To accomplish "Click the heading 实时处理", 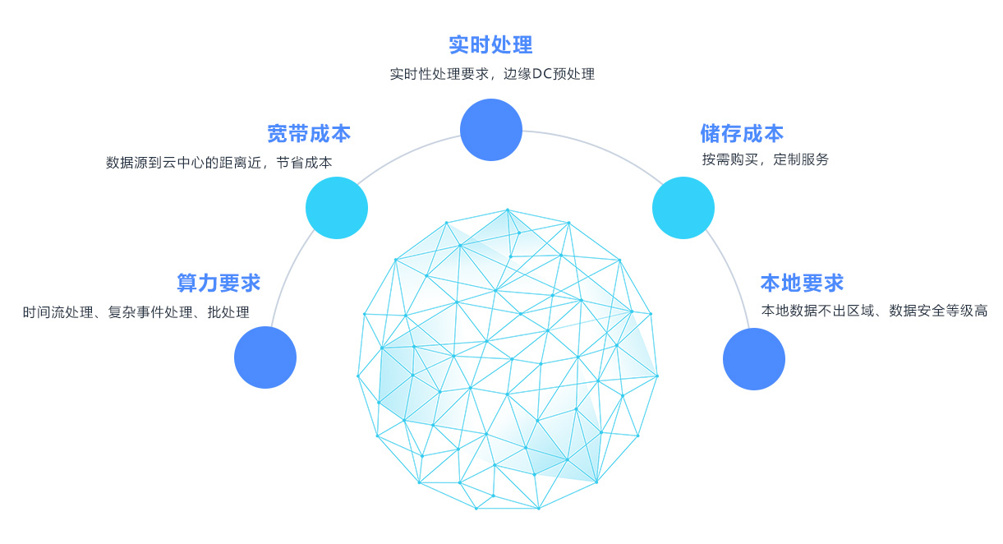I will (x=490, y=44).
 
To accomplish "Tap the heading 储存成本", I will (x=742, y=133).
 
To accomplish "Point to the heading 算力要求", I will (x=219, y=283).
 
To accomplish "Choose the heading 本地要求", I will (x=802, y=283).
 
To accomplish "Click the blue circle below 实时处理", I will (x=491, y=130).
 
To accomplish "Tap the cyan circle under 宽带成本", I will (x=337, y=208).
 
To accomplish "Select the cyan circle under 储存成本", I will (x=683, y=208).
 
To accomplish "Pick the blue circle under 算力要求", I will (x=265, y=357).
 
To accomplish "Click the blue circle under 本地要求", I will (x=754, y=359).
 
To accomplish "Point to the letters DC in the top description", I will (x=541, y=74).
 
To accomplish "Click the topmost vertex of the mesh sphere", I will (x=507, y=210).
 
